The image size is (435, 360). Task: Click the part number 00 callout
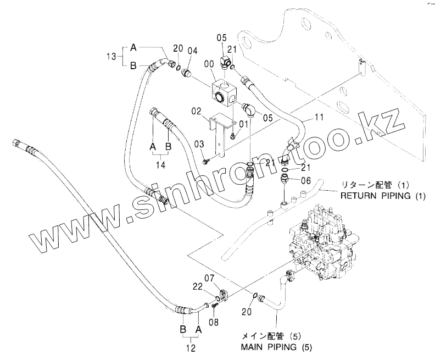(x=209, y=64)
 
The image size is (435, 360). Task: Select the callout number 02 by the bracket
(x=197, y=112)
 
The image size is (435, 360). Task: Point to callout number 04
(x=192, y=51)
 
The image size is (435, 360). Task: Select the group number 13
(x=111, y=56)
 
